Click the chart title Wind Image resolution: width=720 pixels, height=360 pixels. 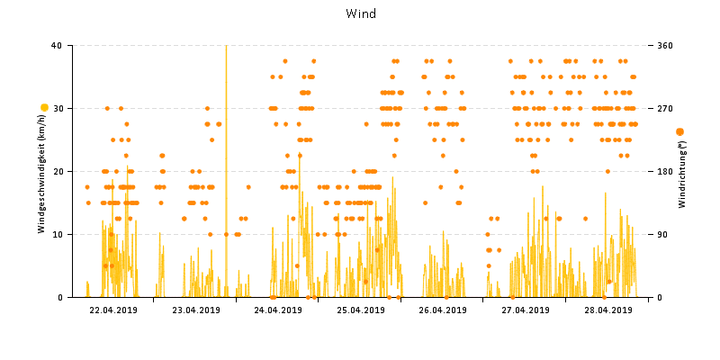point(360,13)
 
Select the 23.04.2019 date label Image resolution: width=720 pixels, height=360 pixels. point(195,310)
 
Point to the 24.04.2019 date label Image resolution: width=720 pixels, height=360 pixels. point(278,310)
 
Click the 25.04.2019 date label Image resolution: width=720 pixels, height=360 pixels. point(360,310)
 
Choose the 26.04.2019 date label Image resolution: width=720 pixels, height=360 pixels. point(443,310)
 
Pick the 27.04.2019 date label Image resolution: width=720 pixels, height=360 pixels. point(525,310)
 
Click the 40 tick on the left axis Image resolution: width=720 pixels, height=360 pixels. point(57,45)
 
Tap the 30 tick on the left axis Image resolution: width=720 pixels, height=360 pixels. point(57,108)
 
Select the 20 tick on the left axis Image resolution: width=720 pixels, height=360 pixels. point(57,171)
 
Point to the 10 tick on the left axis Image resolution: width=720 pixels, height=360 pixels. point(57,234)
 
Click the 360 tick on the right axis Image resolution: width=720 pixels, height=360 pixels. point(665,45)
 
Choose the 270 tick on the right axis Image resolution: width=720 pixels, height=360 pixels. point(665,108)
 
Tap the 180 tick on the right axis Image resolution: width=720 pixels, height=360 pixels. point(665,171)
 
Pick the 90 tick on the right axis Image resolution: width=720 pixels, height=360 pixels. point(662,234)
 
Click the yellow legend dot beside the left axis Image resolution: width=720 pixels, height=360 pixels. point(43,108)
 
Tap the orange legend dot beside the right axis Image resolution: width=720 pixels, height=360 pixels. point(679,132)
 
